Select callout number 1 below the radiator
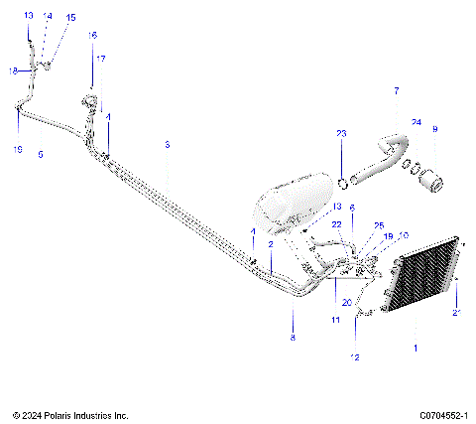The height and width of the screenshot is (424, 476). [x=416, y=349]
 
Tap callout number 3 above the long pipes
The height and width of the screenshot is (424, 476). [x=167, y=145]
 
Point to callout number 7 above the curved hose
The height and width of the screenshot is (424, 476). [x=396, y=91]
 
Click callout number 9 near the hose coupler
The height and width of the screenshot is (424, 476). [x=433, y=129]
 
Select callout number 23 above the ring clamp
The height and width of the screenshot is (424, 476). [x=341, y=133]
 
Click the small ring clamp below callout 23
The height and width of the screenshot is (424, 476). [x=342, y=182]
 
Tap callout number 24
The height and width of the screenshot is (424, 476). [x=416, y=122]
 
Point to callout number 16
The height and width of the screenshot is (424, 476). [x=92, y=35]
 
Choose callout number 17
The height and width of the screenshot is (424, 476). [x=98, y=58]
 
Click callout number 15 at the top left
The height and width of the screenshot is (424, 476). [x=70, y=18]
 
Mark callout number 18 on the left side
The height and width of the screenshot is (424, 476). [x=14, y=71]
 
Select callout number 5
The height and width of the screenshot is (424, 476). [x=40, y=154]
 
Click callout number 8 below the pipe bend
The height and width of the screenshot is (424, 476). [x=293, y=338]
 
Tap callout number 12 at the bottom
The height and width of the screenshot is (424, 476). [x=356, y=356]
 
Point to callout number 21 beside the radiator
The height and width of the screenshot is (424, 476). [x=456, y=313]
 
